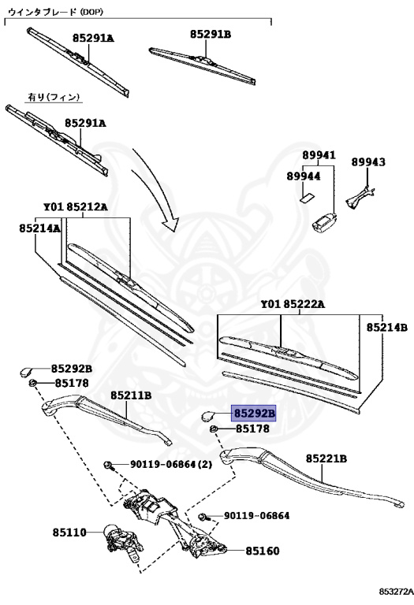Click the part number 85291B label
[x=210, y=34]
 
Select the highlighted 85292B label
[x=253, y=413]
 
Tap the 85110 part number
[x=69, y=532]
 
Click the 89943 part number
[x=368, y=161]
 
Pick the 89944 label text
[x=304, y=176]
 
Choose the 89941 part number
[x=319, y=155]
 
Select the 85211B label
[x=131, y=395]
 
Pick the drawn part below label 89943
[x=362, y=194]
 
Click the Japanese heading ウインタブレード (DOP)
[x=55, y=11]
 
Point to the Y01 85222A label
[x=293, y=304]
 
